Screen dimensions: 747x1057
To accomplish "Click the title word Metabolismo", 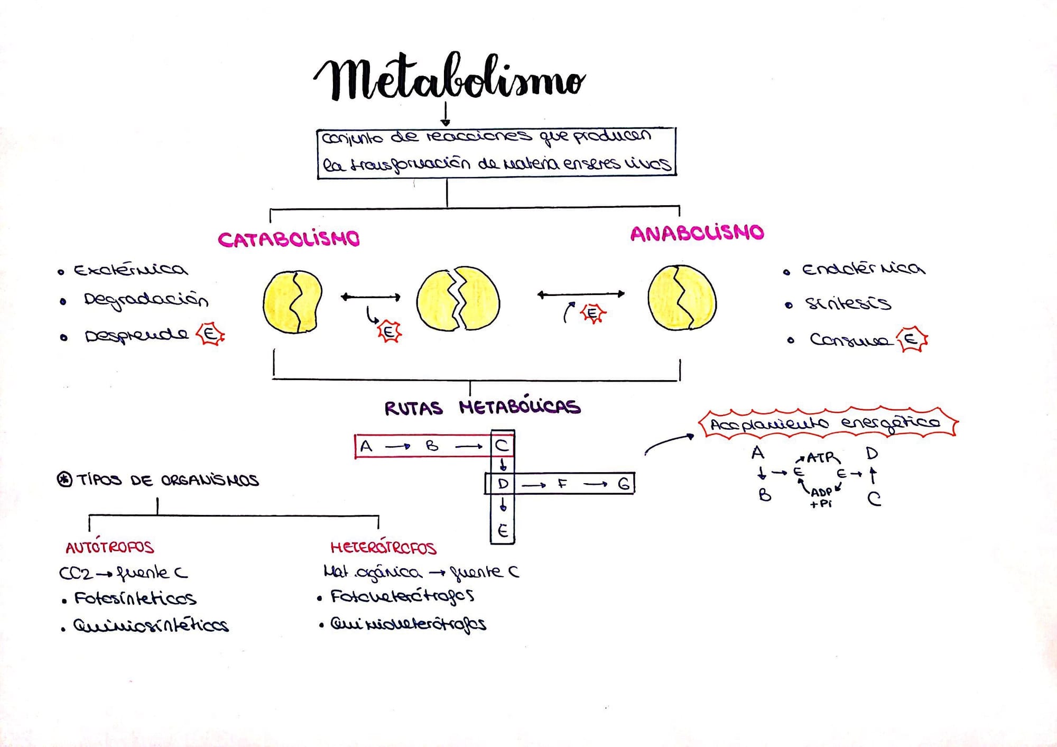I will (x=449, y=78).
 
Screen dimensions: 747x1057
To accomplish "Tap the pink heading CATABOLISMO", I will (x=289, y=239).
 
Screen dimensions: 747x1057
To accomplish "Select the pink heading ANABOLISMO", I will (x=697, y=233).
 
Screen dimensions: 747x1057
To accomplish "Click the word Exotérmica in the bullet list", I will (x=130, y=270).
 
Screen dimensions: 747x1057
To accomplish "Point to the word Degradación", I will (x=145, y=300).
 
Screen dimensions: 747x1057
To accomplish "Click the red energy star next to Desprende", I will (x=210, y=334).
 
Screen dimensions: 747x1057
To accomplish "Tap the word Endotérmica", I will (x=863, y=269).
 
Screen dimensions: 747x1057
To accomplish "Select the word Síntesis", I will (x=847, y=303).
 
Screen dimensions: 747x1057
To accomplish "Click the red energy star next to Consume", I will (x=912, y=339).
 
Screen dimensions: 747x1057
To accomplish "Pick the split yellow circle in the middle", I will (x=458, y=300).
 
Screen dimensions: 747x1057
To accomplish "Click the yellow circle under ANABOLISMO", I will (x=682, y=298).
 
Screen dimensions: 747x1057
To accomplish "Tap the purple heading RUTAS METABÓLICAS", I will (x=482, y=407).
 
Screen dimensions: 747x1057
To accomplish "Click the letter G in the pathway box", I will (x=624, y=484).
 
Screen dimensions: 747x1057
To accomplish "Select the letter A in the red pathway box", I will (x=366, y=446).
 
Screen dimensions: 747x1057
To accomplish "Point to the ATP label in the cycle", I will (x=822, y=458).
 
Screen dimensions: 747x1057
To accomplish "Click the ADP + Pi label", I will (x=821, y=497).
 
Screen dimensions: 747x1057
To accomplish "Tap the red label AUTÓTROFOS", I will (x=109, y=547).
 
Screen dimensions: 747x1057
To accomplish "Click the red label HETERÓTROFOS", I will (x=383, y=548).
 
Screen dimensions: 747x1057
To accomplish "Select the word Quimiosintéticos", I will (x=151, y=626).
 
